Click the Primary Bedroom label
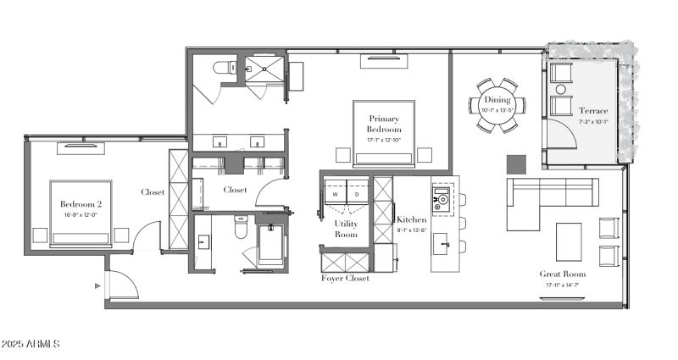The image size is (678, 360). coord(384,123)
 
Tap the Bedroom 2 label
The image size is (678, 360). coord(81,204)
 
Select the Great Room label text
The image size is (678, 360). coord(563,274)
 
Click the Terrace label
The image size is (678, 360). coord(592,111)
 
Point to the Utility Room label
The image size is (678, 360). coord(346,228)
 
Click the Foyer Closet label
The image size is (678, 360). coord(345,278)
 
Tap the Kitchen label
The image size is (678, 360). coord(412,219)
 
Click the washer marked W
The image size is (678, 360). coord(335,194)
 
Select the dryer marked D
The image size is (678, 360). coord(356,194)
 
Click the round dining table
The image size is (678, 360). coord(497,106)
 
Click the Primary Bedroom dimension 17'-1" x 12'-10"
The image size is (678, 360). coord(384,139)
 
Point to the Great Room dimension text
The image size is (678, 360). coord(563,285)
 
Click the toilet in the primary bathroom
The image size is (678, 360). coord(224,68)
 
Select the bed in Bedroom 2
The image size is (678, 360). coord(81,212)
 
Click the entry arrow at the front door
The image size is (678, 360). coord(98,286)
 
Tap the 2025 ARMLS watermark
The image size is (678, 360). coord(31,344)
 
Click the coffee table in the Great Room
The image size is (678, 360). coord(569,241)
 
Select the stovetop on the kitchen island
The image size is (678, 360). coord(442,201)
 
